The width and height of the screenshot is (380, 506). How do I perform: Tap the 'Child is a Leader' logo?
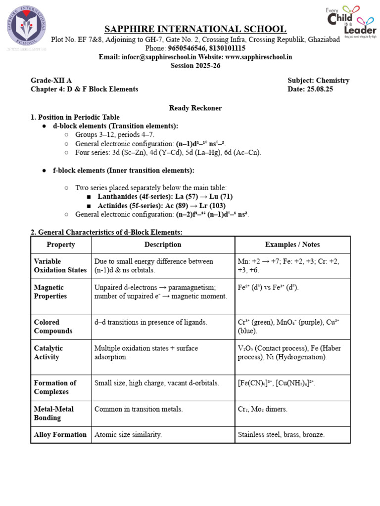tap(350, 22)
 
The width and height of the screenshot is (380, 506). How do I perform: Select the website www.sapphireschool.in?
tap(259, 57)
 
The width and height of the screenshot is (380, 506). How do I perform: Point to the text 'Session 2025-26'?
tap(195, 66)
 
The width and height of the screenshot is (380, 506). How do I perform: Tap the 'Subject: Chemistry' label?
tap(318, 80)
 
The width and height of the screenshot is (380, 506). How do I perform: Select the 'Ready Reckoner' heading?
tap(195, 108)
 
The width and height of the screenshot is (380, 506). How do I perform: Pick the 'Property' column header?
tap(61, 245)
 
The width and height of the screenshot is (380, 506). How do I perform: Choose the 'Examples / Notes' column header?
tap(292, 245)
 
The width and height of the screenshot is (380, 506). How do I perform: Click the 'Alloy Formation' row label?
tap(60, 435)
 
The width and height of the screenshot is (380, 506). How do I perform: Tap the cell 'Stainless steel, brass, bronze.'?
tap(281, 435)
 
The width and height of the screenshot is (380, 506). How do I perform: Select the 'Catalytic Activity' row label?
tap(48, 352)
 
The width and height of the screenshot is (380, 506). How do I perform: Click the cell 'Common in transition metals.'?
tap(139, 409)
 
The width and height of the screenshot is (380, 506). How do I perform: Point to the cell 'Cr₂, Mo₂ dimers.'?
tap(262, 409)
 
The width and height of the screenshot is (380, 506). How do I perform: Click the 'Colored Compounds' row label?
tap(53, 327)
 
